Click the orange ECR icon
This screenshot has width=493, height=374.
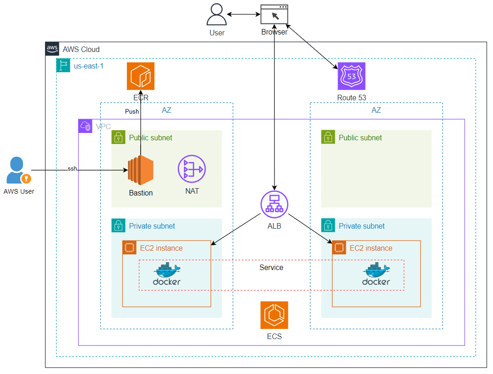click(141, 76)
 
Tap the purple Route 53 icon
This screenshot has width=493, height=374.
click(351, 76)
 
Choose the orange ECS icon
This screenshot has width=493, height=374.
click(274, 315)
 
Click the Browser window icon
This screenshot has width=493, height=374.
click(274, 14)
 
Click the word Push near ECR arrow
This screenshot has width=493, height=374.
click(132, 111)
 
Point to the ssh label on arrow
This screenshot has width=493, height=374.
click(72, 169)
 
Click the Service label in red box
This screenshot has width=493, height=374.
click(271, 267)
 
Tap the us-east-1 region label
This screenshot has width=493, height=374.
click(89, 66)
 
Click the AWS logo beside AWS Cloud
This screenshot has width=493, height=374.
click(52, 49)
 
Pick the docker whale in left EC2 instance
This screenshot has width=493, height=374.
click(166, 274)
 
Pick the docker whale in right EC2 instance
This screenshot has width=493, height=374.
click(376, 274)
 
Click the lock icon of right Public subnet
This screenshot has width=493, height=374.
click(328, 137)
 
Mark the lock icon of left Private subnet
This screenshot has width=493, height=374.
click(118, 225)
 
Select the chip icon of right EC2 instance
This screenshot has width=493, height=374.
click(339, 247)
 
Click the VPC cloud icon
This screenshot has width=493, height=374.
click(85, 126)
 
